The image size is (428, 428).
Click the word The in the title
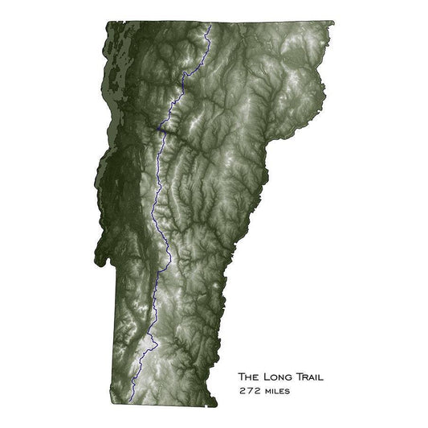pyautogui.click(x=250, y=376)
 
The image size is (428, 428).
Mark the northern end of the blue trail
pyautogui.click(x=210, y=26)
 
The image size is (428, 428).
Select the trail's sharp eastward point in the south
pyautogui.click(x=157, y=346)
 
